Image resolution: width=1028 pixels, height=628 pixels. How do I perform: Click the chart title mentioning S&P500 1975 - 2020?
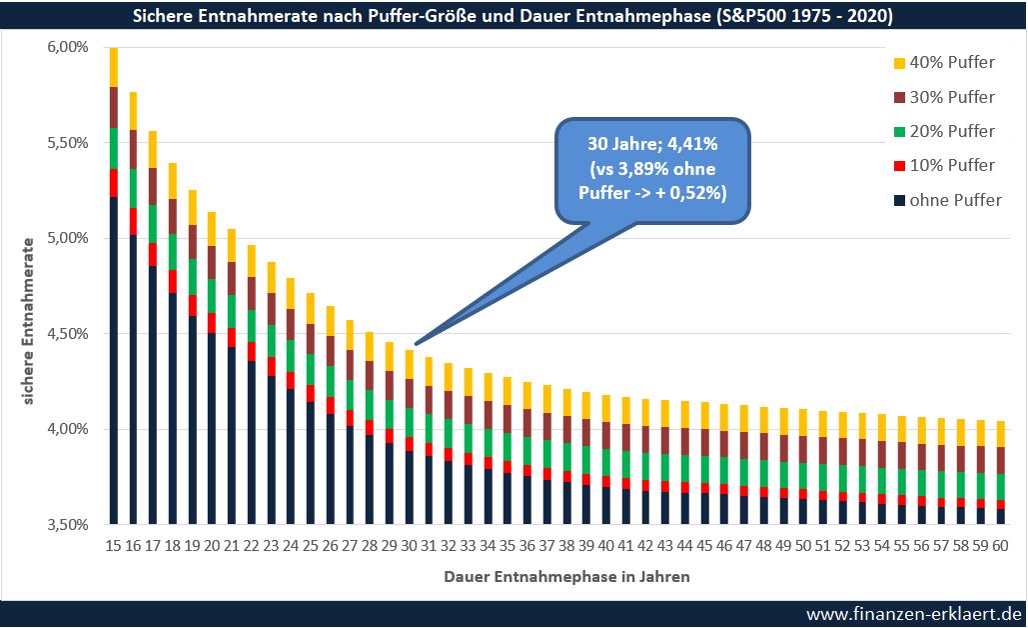(x=514, y=16)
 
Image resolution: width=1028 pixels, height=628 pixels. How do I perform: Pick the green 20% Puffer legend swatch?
(x=899, y=132)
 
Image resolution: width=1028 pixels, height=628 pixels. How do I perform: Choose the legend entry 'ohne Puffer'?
(x=945, y=200)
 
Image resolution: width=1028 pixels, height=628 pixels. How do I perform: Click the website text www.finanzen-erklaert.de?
(x=913, y=613)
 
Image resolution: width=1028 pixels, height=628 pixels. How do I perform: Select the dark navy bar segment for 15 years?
(x=114, y=360)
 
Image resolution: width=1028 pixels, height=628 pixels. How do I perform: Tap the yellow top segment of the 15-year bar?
(x=114, y=67)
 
